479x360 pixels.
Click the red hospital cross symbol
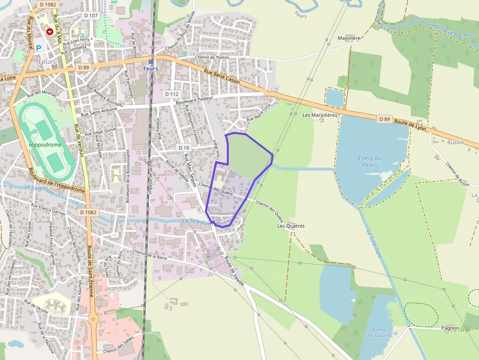pos(49,32)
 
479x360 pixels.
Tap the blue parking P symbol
pos(39,48)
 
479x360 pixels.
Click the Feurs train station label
pos(151,68)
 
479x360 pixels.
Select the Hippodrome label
pos(45,145)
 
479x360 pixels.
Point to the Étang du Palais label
pos(369,161)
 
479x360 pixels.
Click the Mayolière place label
pos(348,38)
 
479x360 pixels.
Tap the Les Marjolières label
pos(320,115)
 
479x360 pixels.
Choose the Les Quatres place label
pos(291,226)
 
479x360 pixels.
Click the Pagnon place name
pos(450,328)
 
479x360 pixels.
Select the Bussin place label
pos(455,142)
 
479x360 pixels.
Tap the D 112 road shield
pos(172,94)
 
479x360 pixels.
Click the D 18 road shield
pos(184,148)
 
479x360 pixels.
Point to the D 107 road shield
pos(91,16)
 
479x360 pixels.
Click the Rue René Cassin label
pos(221,77)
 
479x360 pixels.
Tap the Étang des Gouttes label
pos(378,333)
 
